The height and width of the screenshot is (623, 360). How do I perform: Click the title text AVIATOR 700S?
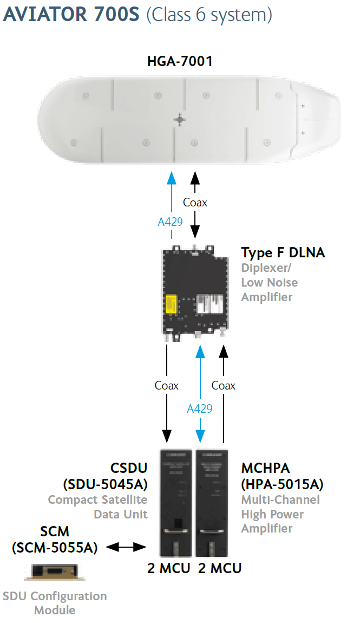tap(71, 14)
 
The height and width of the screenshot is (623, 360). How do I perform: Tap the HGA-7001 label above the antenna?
tap(180, 61)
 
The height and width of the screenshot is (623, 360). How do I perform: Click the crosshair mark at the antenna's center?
tap(180, 119)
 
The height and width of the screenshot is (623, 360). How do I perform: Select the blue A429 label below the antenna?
tap(171, 222)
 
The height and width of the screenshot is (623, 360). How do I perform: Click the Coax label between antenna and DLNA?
tap(195, 202)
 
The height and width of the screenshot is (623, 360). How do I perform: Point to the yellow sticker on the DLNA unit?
tap(171, 305)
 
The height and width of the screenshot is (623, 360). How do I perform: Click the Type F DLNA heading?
tap(283, 252)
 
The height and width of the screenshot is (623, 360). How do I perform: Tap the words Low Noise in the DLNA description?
tap(269, 282)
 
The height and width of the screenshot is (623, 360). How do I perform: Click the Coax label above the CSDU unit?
tap(167, 385)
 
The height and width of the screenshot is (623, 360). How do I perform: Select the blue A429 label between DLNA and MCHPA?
tap(200, 408)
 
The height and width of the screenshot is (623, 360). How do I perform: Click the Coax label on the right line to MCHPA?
tap(224, 385)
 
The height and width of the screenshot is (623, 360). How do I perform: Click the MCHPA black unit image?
tap(212, 503)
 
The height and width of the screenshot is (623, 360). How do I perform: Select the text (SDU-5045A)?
tap(106, 484)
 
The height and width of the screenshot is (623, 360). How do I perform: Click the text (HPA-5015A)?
tap(282, 484)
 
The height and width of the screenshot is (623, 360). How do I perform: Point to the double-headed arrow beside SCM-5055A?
tap(126, 547)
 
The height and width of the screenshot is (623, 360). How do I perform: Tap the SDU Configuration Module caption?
tap(55, 603)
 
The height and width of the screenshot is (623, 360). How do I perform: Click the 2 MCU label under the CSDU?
tap(169, 568)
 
